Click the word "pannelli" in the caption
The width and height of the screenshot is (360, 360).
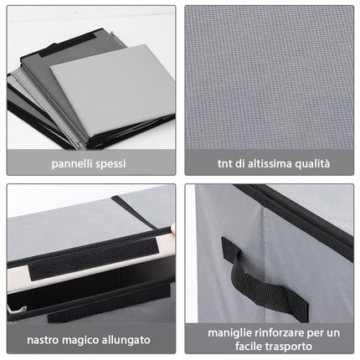coord(72,164)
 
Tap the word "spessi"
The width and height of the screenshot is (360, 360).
coord(111,164)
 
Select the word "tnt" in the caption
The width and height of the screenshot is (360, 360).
coord(225,163)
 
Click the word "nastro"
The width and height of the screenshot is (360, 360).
coord(44,340)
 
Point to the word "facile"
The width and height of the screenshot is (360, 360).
coord(249,347)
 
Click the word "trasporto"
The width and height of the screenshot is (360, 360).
coord(289,347)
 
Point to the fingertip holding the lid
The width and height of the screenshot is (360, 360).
coord(172,228)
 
